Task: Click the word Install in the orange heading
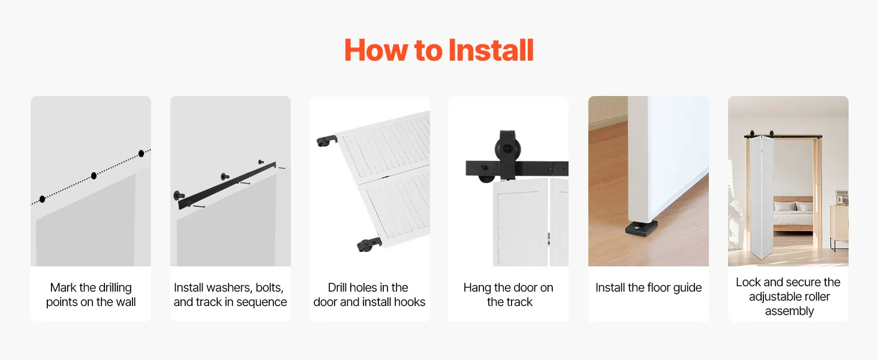tap(491, 50)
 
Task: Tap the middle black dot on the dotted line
tap(94, 176)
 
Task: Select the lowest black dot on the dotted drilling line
tap(43, 199)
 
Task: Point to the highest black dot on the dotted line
tap(141, 154)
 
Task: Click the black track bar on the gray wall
tap(227, 185)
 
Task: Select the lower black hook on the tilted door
tap(369, 244)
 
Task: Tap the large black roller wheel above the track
tap(508, 149)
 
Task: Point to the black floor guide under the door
tap(641, 228)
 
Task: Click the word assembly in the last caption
tap(789, 311)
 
